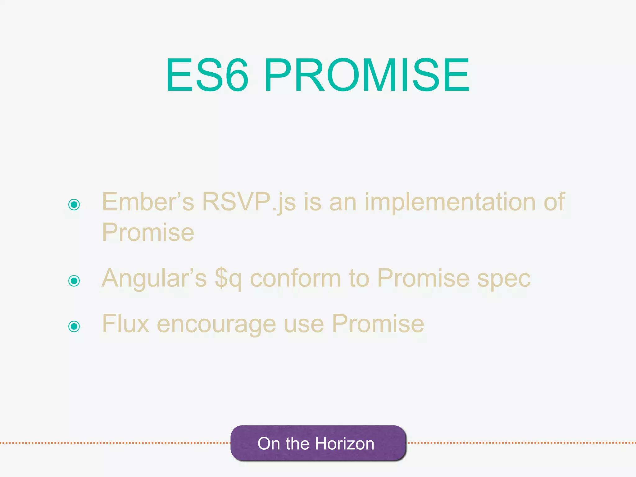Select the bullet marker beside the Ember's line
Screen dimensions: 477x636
tap(74, 204)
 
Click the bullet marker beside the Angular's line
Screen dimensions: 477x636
tap(74, 281)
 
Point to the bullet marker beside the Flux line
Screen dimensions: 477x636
tap(74, 326)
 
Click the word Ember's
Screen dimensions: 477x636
tap(148, 202)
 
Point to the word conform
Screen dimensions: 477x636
tap(295, 278)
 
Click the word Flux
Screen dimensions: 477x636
tap(125, 324)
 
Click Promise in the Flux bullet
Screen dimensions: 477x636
tap(378, 324)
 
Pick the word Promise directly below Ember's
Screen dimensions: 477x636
tap(148, 232)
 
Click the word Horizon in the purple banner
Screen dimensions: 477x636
tap(345, 443)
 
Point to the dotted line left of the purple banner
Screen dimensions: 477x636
tap(115, 443)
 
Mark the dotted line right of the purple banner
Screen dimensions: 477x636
tap(522, 443)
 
